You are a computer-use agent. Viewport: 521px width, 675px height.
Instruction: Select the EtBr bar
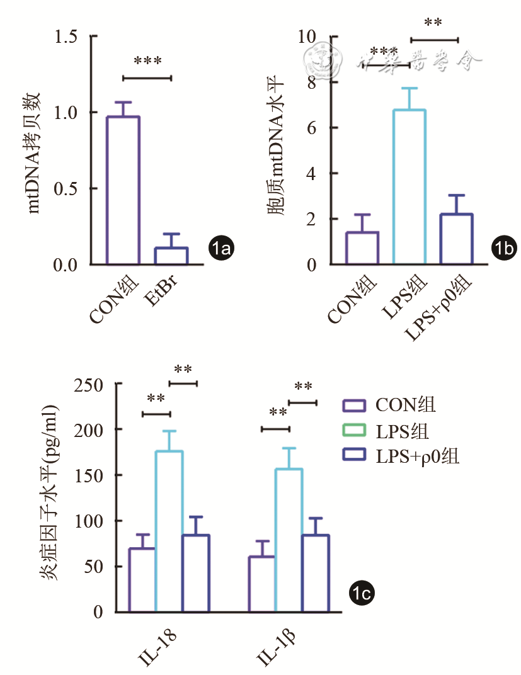point(171,256)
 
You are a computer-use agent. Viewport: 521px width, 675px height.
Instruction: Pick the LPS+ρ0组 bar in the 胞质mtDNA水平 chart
point(457,239)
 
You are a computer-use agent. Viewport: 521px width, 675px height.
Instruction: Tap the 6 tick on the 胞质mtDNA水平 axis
point(311,128)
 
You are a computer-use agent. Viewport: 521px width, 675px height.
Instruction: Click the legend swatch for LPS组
point(357,430)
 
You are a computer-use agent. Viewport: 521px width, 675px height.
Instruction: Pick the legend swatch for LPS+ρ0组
point(357,456)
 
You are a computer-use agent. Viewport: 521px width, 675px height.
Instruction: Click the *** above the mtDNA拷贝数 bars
point(147,62)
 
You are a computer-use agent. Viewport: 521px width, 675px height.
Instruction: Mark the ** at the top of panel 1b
point(433,24)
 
